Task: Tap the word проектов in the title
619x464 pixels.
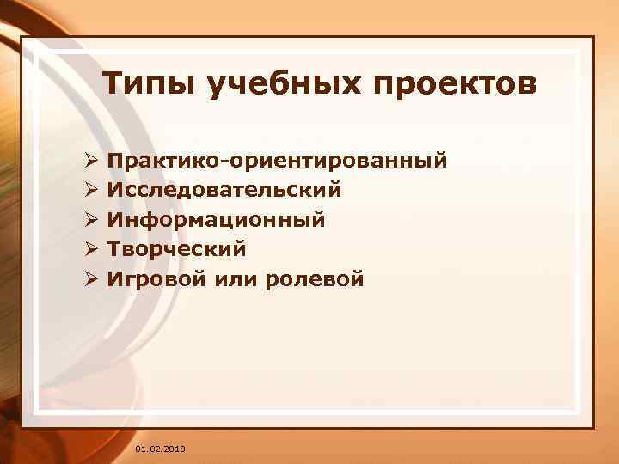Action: tap(455, 85)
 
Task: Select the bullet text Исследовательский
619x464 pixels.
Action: tap(224, 189)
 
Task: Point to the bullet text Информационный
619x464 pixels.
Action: tap(216, 219)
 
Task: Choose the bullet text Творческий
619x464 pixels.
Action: tap(177, 248)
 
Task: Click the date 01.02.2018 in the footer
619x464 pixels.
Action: tap(160, 449)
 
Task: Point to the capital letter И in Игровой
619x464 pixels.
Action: tap(114, 278)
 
